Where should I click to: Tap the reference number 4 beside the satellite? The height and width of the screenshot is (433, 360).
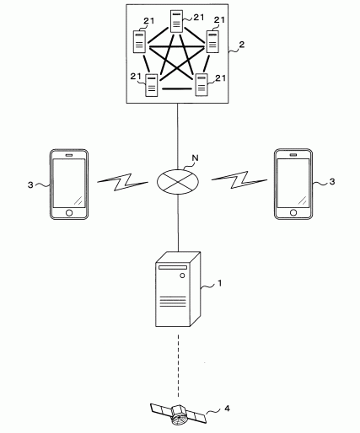point(227,409)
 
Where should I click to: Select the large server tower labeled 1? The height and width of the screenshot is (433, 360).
point(178,289)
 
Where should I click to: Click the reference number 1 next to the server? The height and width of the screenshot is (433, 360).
point(220,283)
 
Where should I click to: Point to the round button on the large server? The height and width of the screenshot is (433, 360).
point(182,275)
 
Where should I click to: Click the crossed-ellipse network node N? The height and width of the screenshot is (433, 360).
point(178,181)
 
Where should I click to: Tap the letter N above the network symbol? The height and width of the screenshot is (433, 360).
point(195,158)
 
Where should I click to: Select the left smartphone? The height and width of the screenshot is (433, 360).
point(69,184)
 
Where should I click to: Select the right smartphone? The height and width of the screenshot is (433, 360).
point(293,184)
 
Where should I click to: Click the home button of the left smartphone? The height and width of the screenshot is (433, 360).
point(69,213)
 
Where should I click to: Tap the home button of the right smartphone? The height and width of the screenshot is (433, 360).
point(293,212)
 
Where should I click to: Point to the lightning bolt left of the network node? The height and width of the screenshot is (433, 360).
point(122,182)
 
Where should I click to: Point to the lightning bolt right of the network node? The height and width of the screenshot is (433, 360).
point(239,179)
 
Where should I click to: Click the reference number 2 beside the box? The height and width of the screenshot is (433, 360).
point(241,45)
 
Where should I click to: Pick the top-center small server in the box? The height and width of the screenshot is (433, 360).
point(176,21)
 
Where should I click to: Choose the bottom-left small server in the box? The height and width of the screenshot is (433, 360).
point(152,85)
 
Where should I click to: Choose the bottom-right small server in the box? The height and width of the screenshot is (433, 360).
point(201,85)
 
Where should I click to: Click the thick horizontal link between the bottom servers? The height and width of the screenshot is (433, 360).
point(177,89)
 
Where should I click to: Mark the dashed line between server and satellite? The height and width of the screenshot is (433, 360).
point(178,366)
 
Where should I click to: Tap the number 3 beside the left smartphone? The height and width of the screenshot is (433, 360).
point(30,185)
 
